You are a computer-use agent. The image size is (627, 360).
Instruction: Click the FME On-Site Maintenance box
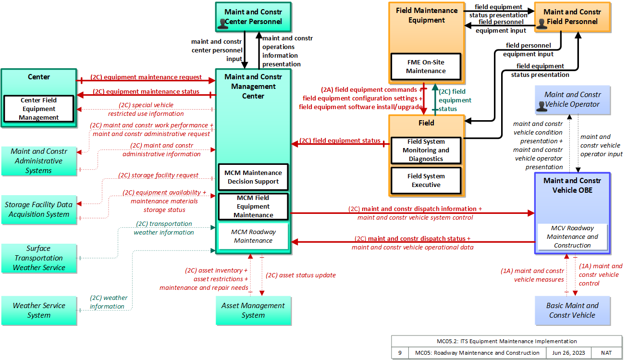pos(426,67)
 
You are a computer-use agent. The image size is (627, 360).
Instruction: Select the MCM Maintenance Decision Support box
pos(253,177)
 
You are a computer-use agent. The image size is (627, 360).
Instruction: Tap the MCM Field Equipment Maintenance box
pos(253,206)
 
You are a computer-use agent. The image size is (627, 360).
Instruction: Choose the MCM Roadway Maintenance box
pos(253,236)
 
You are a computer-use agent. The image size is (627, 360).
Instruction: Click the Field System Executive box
pos(426,180)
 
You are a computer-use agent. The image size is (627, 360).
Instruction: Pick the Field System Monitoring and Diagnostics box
pos(426,150)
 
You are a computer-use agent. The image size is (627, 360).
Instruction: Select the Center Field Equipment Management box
pos(38,109)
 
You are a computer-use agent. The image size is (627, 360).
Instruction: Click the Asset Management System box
pos(253,310)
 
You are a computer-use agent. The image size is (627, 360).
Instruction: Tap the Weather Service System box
pos(39,310)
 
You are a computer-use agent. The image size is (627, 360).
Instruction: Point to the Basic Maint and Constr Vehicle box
pos(572,310)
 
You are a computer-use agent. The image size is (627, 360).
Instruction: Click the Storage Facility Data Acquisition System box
pos(39,210)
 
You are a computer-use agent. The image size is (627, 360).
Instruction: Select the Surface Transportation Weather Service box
pos(39,258)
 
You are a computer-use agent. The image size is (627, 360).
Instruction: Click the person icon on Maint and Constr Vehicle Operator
pos(541,106)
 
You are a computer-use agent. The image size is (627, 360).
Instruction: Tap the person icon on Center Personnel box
pos(223,24)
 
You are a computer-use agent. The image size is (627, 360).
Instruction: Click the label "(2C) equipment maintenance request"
pos(146,77)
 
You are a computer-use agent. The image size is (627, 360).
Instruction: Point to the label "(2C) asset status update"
pos(301,275)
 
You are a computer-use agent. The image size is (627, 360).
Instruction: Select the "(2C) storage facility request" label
pos(158,175)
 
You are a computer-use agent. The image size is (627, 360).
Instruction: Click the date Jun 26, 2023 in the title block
pos(568,353)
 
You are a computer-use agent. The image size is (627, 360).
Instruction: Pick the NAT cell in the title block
pos(606,353)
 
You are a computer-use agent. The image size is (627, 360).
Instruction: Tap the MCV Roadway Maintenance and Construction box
pos(572,236)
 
